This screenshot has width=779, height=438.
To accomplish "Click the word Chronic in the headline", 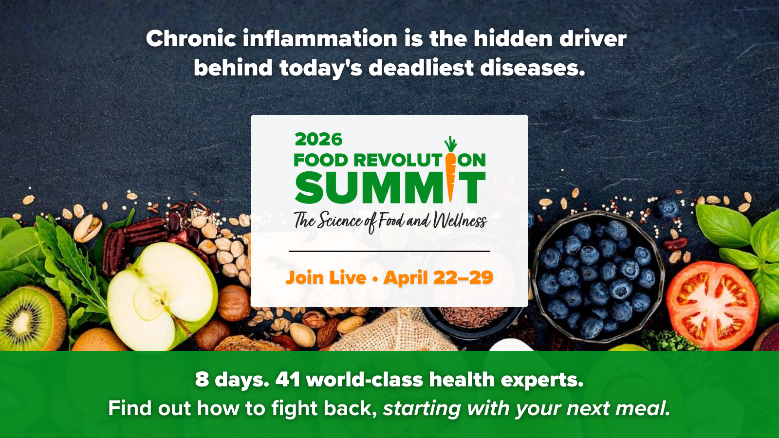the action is (x=191, y=38).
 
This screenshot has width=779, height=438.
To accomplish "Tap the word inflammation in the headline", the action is (x=320, y=38).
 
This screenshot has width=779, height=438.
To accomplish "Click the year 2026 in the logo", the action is (x=318, y=139).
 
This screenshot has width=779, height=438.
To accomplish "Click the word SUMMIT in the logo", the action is (x=390, y=188).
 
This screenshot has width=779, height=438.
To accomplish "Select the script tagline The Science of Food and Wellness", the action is (x=390, y=221).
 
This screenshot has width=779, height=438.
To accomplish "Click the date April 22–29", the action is (x=439, y=277).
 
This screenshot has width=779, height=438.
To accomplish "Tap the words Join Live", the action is (x=326, y=277).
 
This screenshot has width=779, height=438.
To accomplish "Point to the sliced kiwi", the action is (x=31, y=318).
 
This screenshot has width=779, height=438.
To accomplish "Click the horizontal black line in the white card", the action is (x=389, y=251).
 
